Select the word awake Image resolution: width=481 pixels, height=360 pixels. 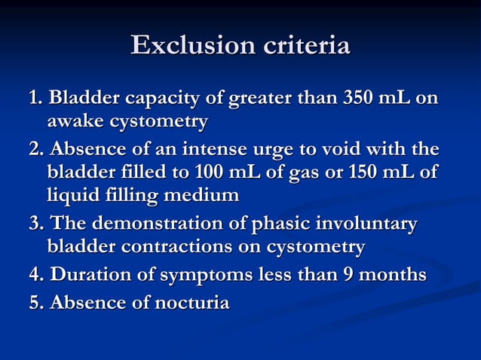(x=75, y=121)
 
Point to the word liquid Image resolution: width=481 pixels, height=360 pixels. (x=72, y=196)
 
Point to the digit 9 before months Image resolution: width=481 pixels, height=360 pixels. (x=351, y=275)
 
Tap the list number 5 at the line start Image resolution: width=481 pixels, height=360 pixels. (x=33, y=304)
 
